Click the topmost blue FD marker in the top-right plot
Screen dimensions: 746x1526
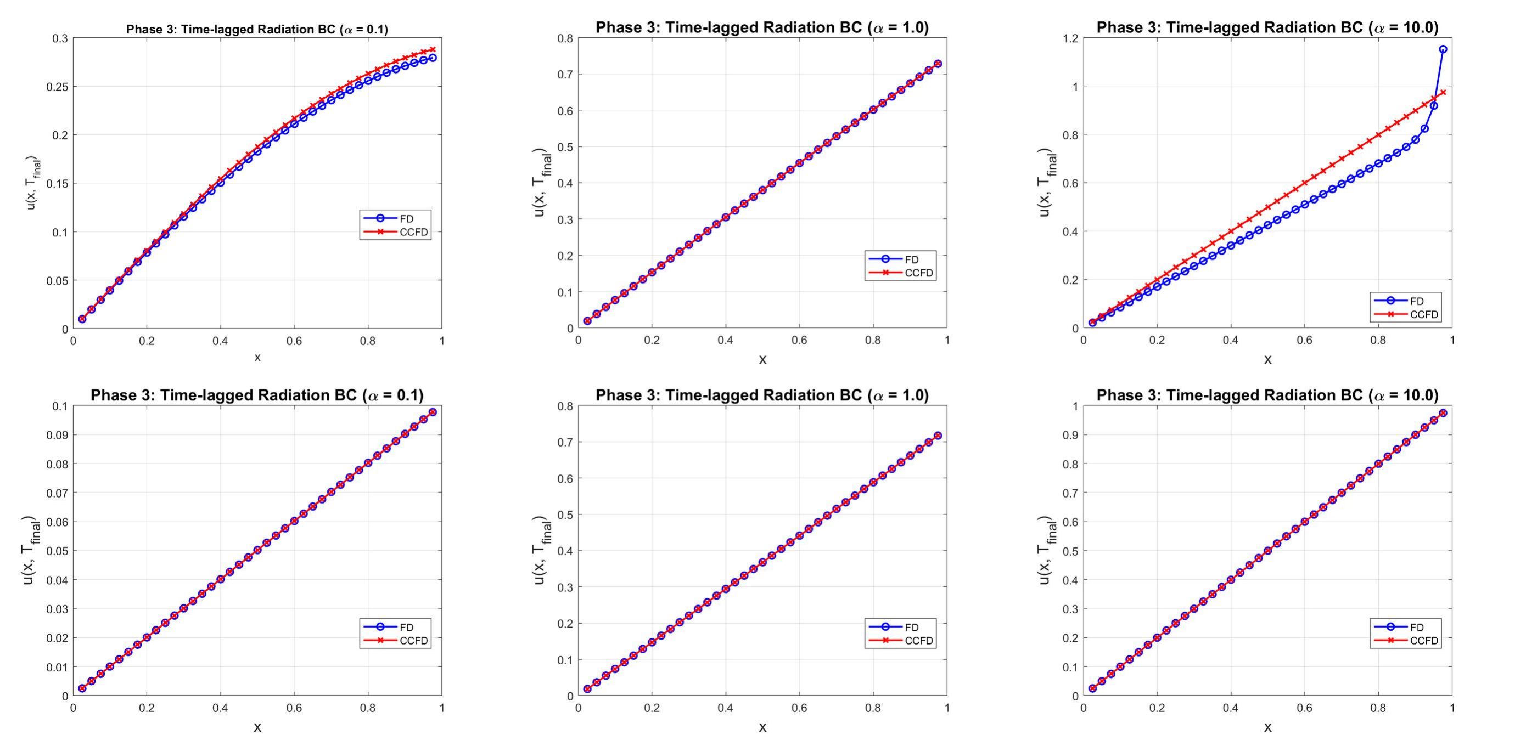coord(1443,49)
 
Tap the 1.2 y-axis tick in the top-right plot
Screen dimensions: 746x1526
coord(1069,38)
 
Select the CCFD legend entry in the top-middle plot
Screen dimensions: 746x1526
coord(918,273)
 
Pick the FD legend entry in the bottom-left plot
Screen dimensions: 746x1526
coord(406,627)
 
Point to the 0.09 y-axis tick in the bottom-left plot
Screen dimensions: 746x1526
coord(58,435)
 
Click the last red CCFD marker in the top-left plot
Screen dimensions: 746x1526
coord(433,50)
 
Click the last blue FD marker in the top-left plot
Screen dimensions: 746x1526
coord(433,58)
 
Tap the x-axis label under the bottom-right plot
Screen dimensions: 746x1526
coord(1267,727)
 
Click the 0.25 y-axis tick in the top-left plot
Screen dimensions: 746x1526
coord(58,87)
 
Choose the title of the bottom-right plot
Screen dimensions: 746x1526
coord(1267,395)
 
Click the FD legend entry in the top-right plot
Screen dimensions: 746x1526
coord(1416,301)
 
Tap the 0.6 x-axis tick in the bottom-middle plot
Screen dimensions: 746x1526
coord(799,708)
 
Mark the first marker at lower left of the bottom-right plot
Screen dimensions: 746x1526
coord(1092,688)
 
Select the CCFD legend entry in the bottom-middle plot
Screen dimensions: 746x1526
coord(918,641)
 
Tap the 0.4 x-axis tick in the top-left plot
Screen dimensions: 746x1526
coord(220,341)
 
